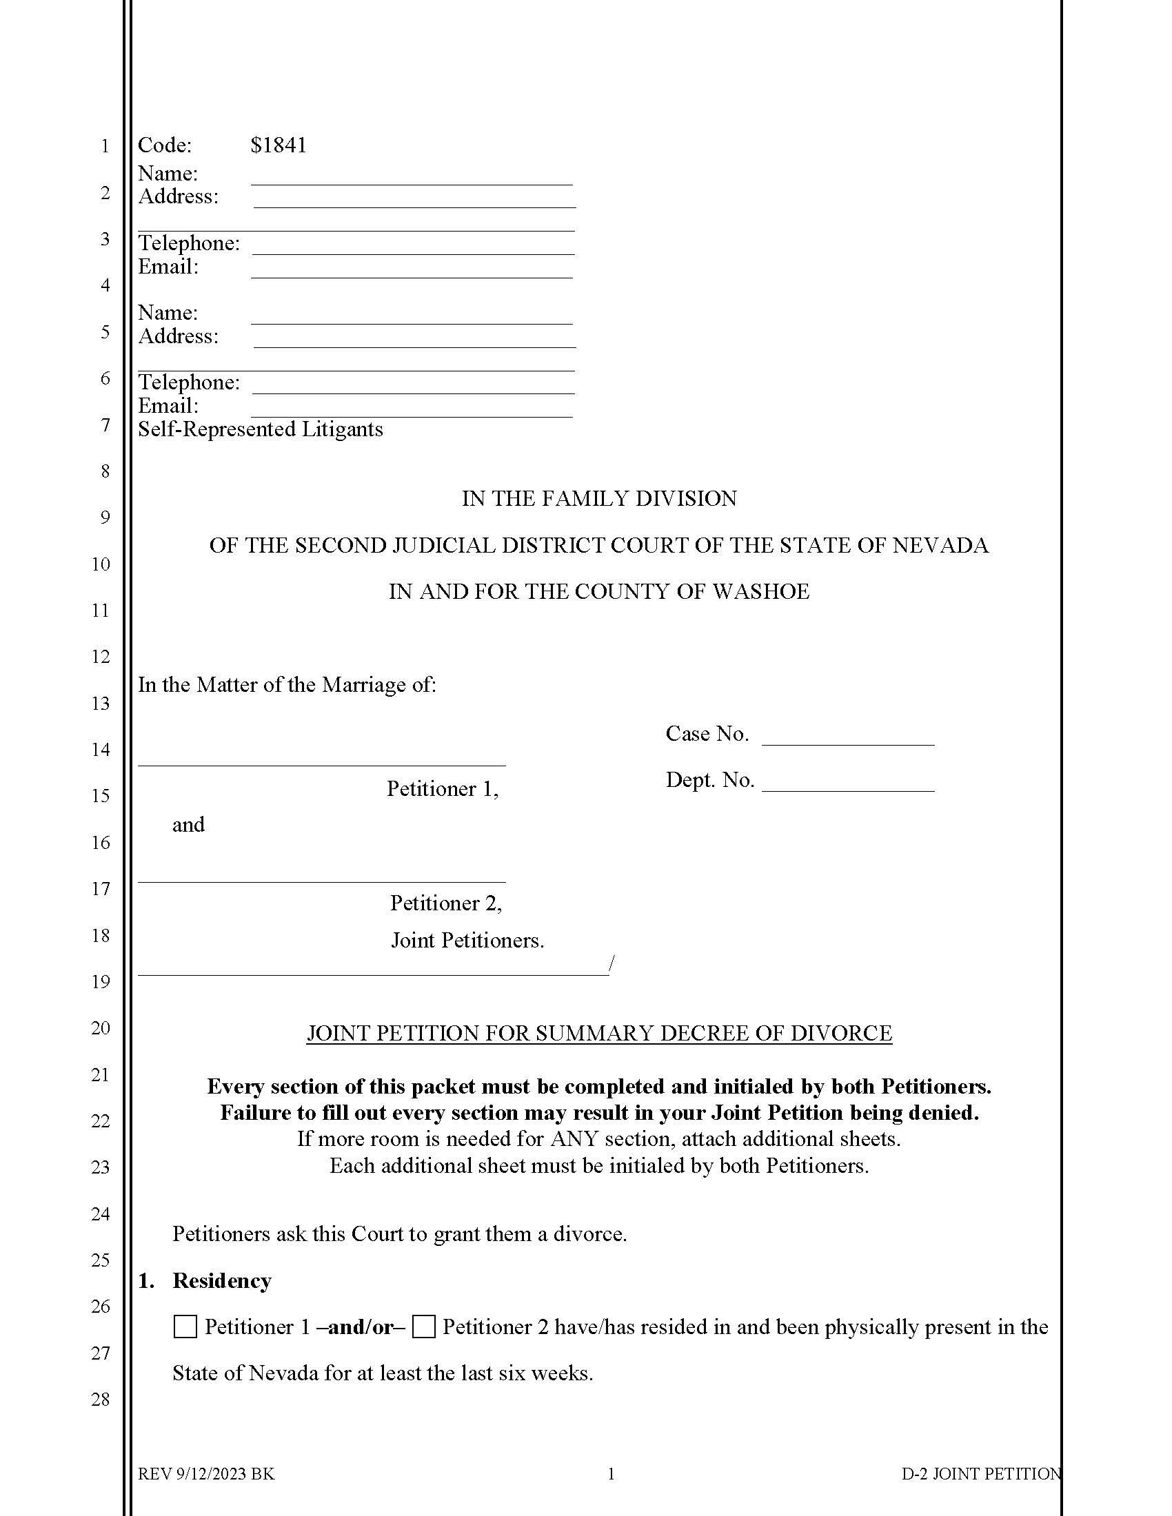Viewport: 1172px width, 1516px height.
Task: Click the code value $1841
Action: point(279,145)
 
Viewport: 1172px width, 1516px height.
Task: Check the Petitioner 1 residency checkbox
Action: point(185,1327)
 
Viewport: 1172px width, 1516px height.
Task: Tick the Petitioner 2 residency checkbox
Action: point(423,1327)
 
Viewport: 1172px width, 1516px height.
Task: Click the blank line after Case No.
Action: point(848,737)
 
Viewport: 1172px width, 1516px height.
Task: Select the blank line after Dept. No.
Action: point(848,783)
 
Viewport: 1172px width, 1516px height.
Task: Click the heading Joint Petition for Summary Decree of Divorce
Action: point(599,1033)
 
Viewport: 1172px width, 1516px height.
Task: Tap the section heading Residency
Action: point(221,1281)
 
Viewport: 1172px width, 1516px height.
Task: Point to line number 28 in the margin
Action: point(101,1400)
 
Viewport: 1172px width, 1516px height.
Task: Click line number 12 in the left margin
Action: point(101,657)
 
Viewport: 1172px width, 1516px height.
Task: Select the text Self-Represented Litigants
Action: point(261,429)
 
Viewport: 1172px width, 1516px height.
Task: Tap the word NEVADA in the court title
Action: point(940,546)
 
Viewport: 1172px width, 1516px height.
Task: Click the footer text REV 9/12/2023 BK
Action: point(206,1475)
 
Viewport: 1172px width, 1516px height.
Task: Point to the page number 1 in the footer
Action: point(611,1475)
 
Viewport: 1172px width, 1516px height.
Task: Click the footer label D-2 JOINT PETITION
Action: point(981,1475)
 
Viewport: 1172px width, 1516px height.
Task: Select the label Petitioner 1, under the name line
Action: point(443,789)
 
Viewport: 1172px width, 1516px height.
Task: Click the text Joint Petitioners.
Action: point(467,941)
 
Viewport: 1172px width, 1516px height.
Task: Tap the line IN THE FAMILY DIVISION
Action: point(599,498)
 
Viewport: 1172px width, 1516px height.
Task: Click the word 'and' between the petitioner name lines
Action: point(188,825)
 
